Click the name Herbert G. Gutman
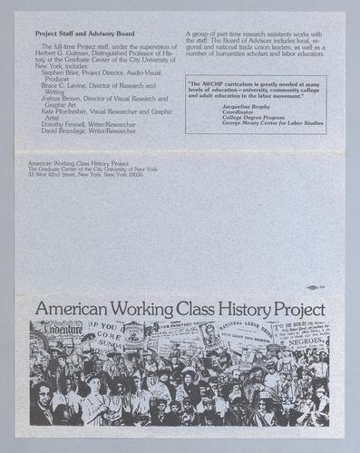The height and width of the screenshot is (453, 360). pyautogui.click(x=69, y=51)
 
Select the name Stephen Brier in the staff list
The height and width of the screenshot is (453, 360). pyautogui.click(x=59, y=72)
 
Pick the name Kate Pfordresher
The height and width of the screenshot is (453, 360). pyautogui.click(x=66, y=111)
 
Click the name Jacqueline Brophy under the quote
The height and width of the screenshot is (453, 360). pyautogui.click(x=245, y=106)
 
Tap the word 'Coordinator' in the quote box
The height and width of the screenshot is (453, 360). pyautogui.click(x=239, y=112)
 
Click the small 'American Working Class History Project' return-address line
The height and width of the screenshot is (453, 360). pyautogui.click(x=83, y=162)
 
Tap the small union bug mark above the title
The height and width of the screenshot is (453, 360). pyautogui.click(x=313, y=288)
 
